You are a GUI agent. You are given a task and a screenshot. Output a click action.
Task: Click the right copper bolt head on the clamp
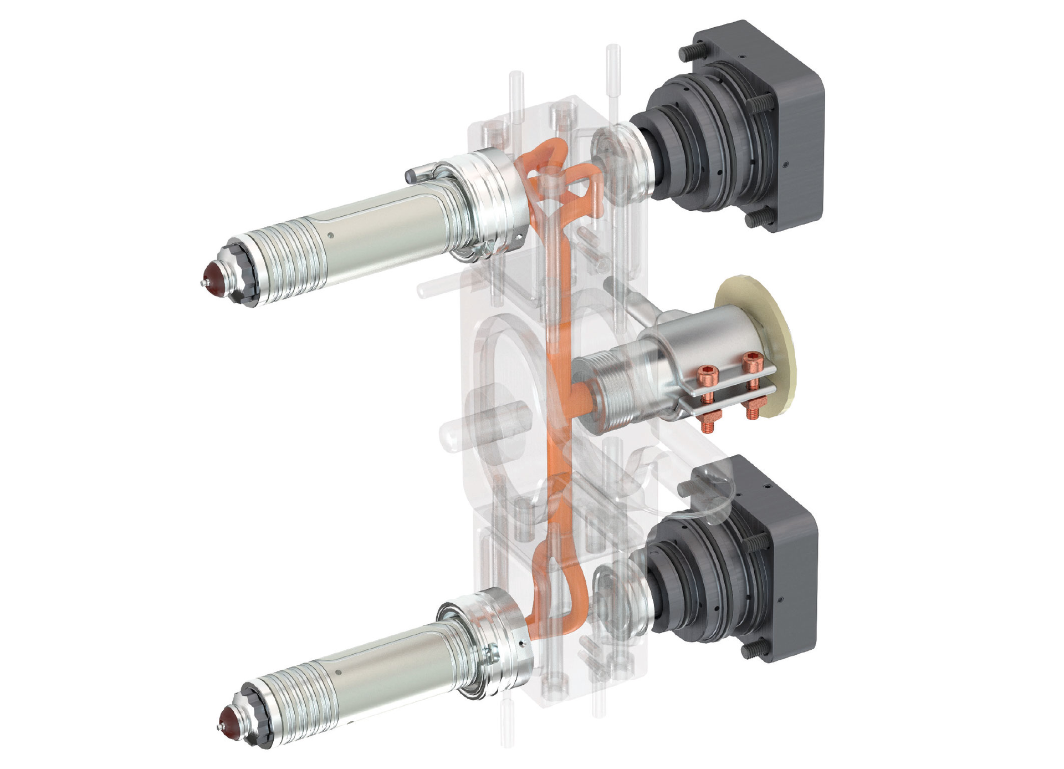[751, 363]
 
